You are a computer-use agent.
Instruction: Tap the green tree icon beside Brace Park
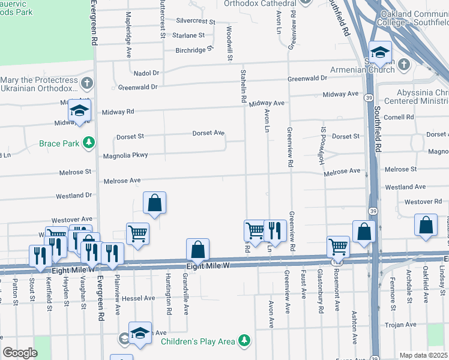(x=89, y=142)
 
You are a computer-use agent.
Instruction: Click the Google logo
(x=20, y=353)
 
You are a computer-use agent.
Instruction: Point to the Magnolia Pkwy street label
(x=125, y=155)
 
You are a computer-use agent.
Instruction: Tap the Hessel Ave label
(x=138, y=298)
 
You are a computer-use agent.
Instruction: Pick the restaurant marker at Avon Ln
(x=274, y=230)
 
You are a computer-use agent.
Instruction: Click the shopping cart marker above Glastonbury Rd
(x=338, y=245)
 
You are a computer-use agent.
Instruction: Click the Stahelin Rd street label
(x=244, y=87)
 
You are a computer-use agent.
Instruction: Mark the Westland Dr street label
(x=74, y=196)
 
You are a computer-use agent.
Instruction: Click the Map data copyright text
(x=424, y=355)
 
